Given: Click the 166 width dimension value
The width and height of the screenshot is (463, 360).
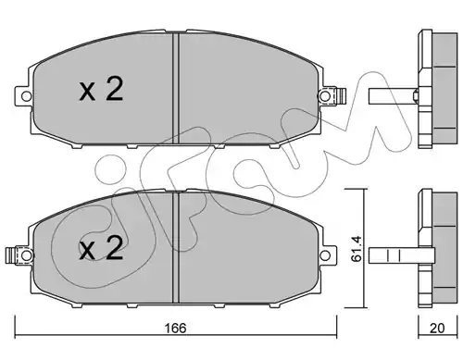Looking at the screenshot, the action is coord(175,329).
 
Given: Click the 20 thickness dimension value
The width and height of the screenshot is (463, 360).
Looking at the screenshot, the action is coord(437,329).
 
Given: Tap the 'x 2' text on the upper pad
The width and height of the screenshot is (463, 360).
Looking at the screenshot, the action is coord(101,89).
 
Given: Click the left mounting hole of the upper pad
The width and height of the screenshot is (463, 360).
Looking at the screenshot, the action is coord(27,96).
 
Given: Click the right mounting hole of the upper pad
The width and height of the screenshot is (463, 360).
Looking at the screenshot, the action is coord(325,96).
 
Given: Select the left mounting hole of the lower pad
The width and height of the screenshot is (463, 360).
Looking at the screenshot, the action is coord(27,255).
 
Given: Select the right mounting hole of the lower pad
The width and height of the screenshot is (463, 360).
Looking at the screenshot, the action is coord(325,255).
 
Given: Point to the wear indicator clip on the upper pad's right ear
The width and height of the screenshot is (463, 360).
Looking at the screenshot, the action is coord(340,96).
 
